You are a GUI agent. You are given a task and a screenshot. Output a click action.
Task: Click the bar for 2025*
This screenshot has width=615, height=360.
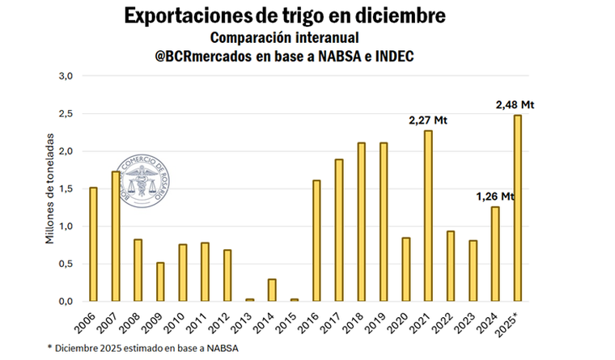click(x=516, y=208)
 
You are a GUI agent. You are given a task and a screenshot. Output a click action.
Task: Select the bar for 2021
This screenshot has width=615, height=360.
click(x=427, y=215)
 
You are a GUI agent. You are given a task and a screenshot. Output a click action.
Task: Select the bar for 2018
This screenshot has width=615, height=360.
click(x=361, y=222)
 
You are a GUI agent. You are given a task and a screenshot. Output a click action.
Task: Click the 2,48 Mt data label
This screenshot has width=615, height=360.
click(x=515, y=105)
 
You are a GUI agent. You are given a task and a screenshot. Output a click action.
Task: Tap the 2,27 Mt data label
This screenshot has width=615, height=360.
click(x=427, y=121)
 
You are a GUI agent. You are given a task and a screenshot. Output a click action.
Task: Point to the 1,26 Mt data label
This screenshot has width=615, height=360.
click(x=494, y=197)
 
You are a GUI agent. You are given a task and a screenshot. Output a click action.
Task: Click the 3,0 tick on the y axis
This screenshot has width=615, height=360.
click(x=66, y=76)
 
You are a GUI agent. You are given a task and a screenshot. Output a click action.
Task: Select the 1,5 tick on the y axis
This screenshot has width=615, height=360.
click(x=66, y=188)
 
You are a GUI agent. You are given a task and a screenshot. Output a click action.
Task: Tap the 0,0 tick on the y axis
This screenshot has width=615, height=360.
click(x=66, y=301)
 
